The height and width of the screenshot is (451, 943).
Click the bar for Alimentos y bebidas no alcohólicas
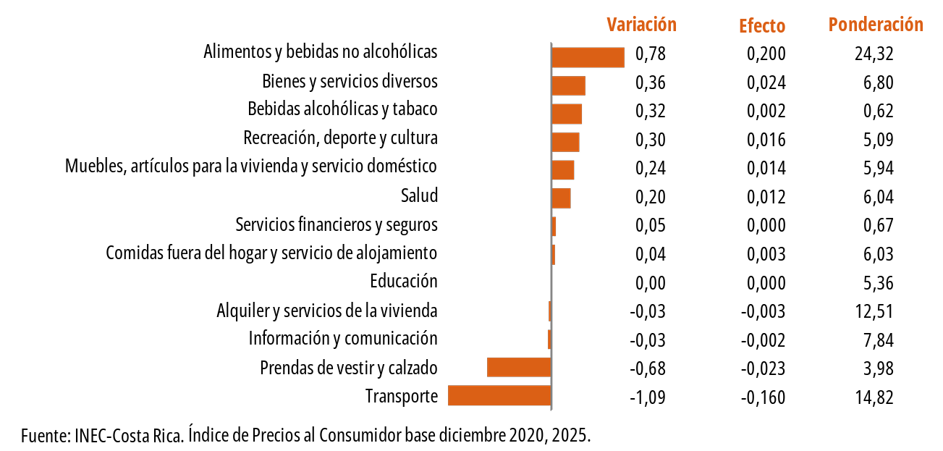(588, 57)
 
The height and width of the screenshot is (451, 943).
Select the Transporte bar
(500, 395)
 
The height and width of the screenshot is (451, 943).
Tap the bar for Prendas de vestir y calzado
(519, 367)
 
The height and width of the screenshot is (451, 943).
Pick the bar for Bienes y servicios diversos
(568, 85)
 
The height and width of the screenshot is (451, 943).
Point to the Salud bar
(561, 198)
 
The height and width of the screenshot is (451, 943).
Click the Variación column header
(641, 25)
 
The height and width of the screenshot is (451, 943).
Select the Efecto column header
(762, 26)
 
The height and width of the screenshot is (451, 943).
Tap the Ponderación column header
(876, 25)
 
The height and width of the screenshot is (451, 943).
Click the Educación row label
(403, 281)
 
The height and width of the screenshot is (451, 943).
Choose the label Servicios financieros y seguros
(337, 224)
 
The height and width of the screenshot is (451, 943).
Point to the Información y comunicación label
(343, 338)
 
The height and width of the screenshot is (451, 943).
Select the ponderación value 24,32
(874, 54)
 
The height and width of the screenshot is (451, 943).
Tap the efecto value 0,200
(766, 54)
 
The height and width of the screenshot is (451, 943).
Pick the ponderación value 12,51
(874, 311)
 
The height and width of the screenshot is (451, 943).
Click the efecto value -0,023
(764, 368)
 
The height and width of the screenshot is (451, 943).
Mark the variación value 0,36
(650, 83)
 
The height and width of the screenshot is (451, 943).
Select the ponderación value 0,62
(878, 111)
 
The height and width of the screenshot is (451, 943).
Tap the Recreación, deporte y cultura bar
(565, 142)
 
